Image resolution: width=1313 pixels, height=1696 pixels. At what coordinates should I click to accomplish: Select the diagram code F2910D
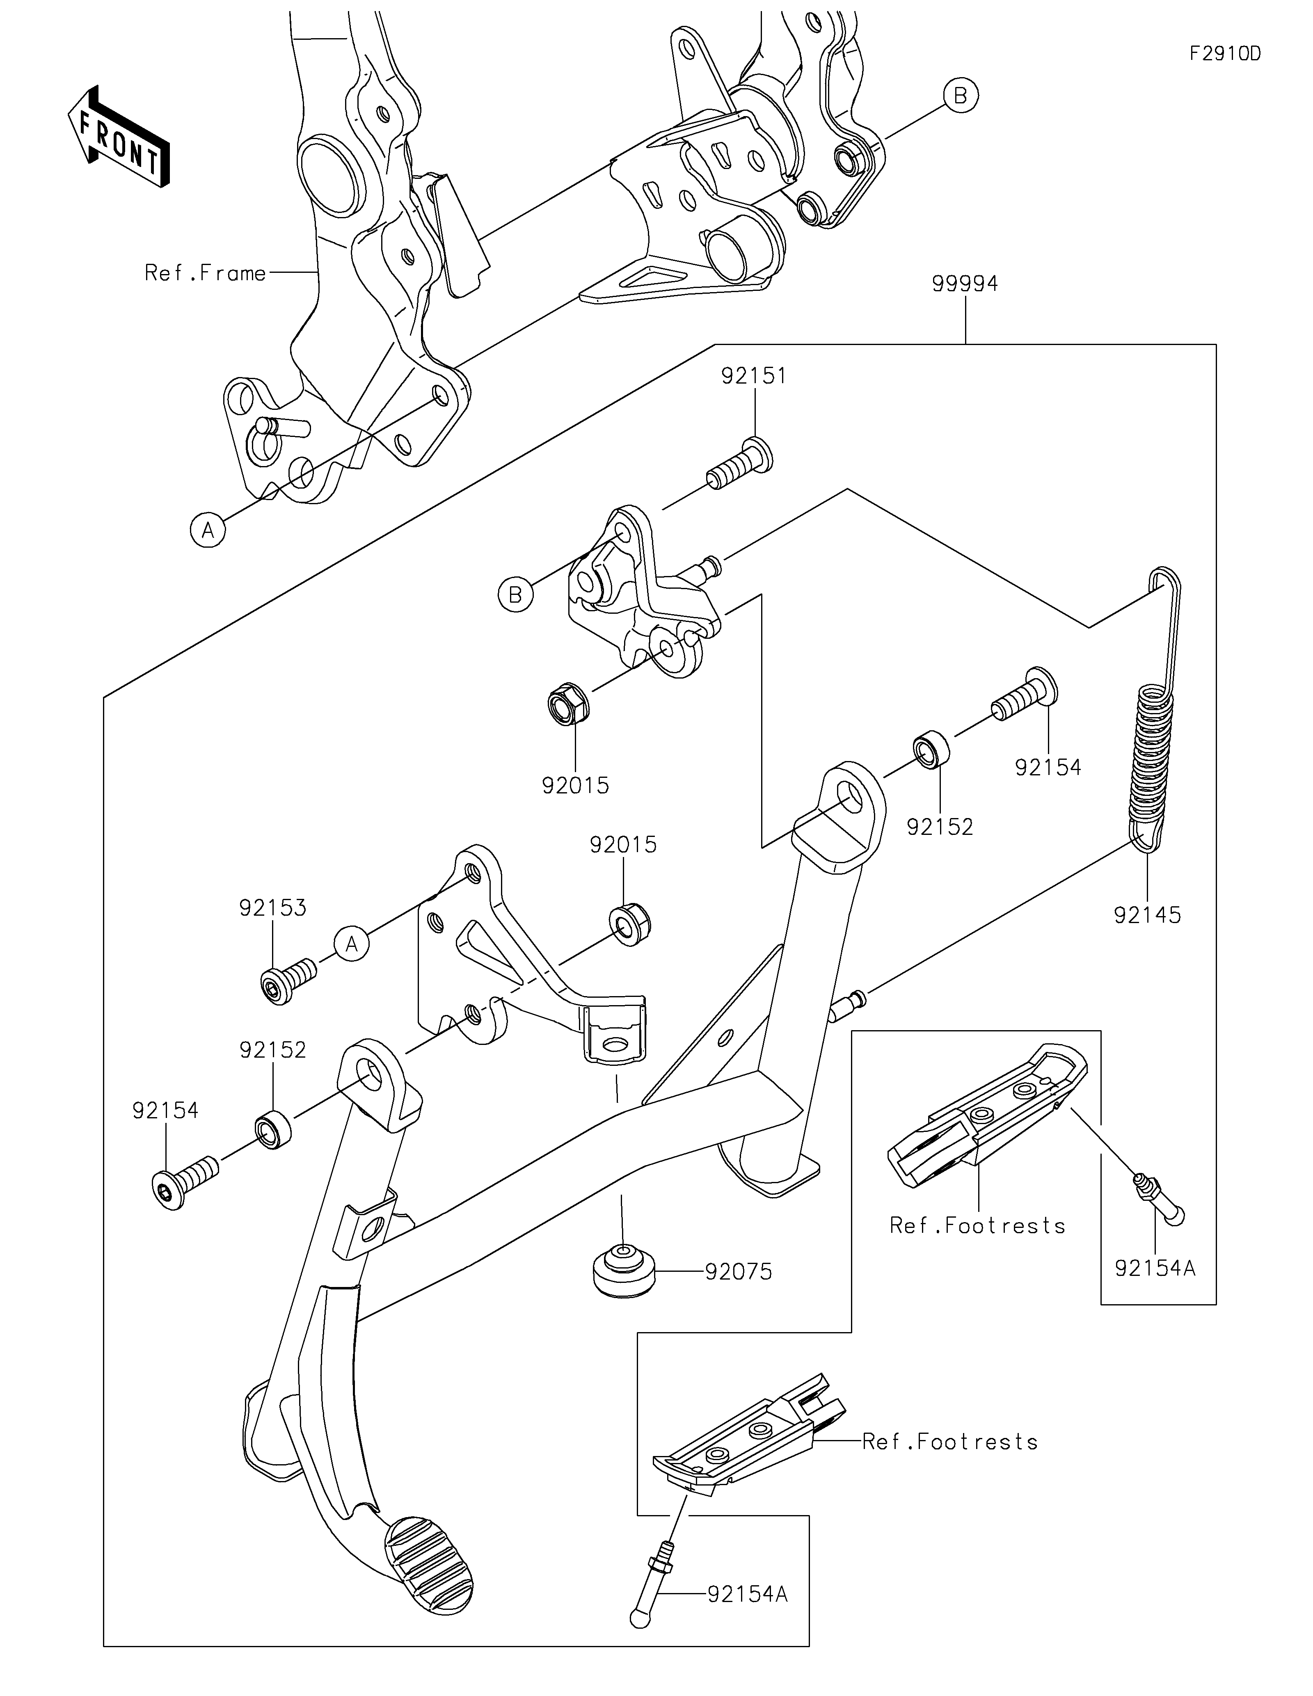coord(1224,54)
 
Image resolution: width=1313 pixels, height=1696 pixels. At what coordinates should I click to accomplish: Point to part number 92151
coord(753,376)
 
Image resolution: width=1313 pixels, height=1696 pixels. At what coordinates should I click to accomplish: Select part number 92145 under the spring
coord(1147,915)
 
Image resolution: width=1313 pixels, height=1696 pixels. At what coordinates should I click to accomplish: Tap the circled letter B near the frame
coord(961,96)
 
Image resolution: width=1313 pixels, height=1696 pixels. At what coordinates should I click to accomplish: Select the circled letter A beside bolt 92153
coord(352,944)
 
